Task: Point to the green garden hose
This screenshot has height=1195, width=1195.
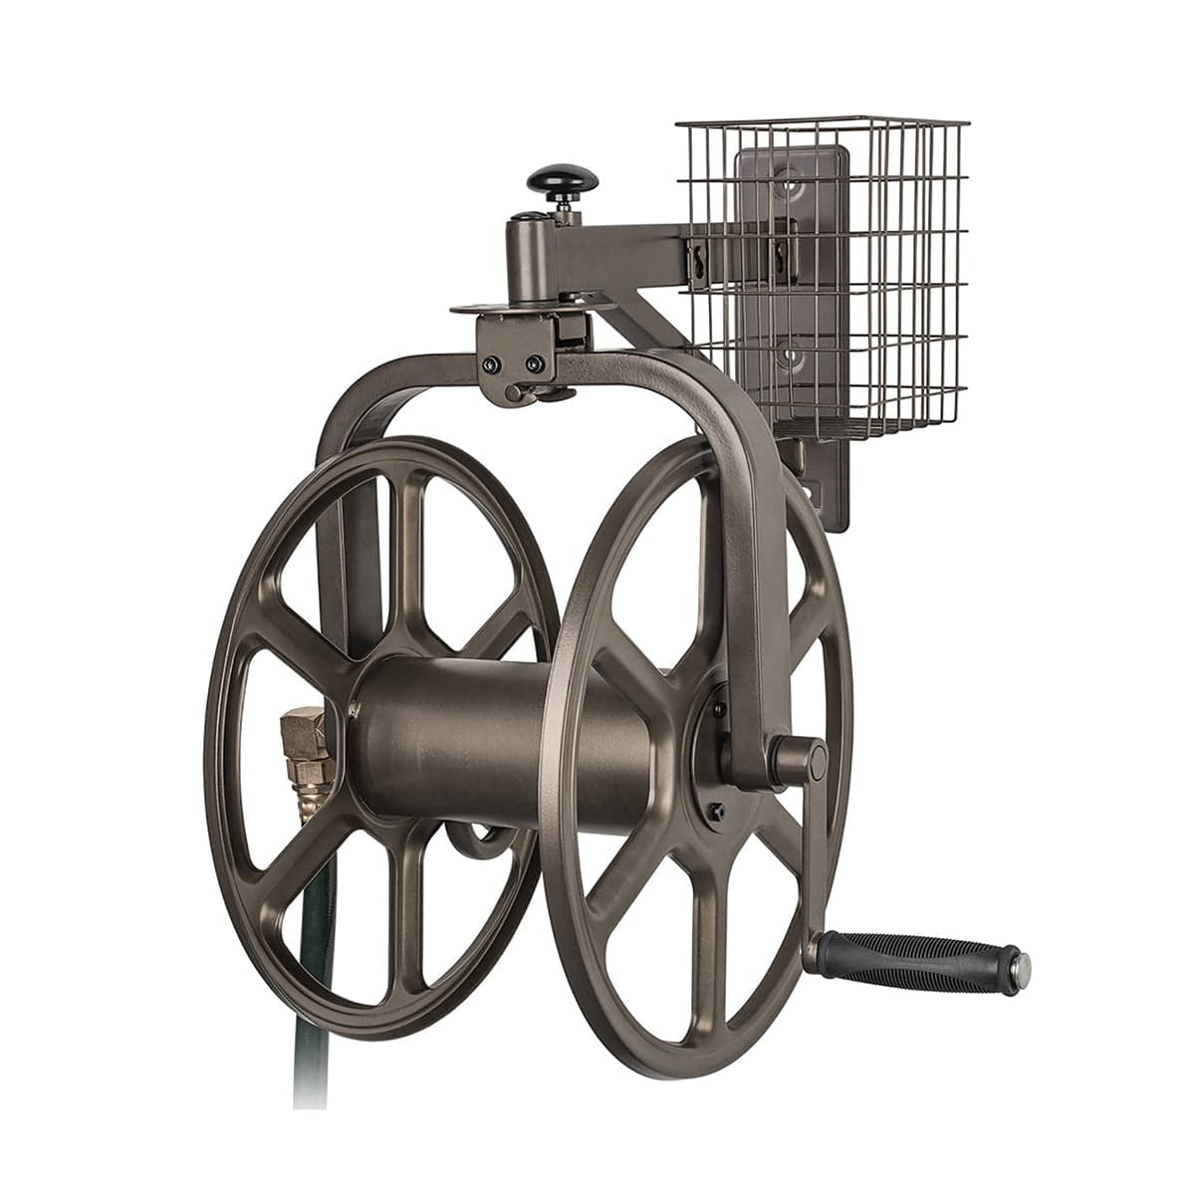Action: pos(317,996)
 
